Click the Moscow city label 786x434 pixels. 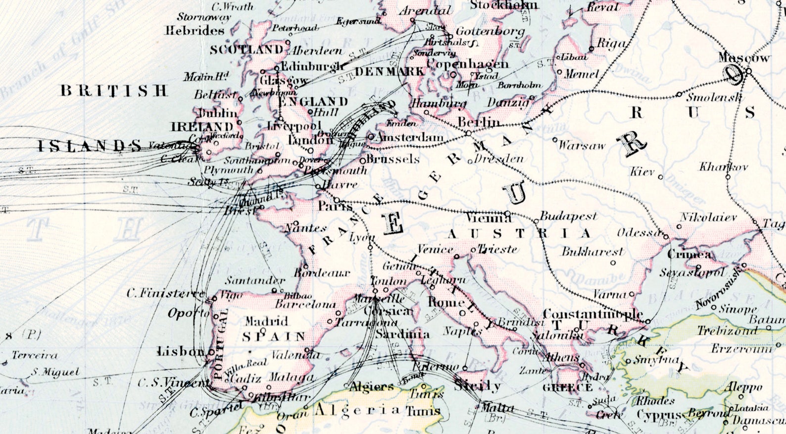(x=744, y=58)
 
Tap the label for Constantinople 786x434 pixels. (x=592, y=314)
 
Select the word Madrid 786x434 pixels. (x=266, y=321)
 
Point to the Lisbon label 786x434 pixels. (x=180, y=351)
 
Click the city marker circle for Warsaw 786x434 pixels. (x=555, y=140)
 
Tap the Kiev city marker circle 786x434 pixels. (x=660, y=176)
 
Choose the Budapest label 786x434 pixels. (x=568, y=216)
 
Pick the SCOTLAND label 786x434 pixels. (x=246, y=50)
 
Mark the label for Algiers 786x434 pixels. (x=372, y=386)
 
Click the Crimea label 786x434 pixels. (x=689, y=255)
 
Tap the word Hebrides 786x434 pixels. (x=195, y=31)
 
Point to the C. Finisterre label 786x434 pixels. (x=165, y=293)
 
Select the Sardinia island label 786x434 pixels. (x=402, y=334)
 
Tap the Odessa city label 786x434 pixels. (x=639, y=233)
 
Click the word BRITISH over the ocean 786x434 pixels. (x=114, y=91)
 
